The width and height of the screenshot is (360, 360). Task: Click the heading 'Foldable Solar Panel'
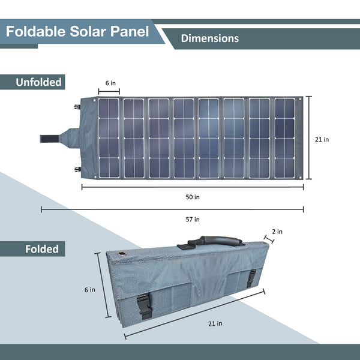[77, 31]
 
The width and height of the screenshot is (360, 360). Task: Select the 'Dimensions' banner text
[210, 38]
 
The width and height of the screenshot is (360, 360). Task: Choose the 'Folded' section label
[41, 248]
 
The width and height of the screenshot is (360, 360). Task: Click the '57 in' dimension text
[193, 219]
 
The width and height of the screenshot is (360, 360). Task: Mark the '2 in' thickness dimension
[277, 232]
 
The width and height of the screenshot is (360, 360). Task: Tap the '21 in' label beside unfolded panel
[322, 139]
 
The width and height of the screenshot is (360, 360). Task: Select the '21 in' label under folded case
[215, 323]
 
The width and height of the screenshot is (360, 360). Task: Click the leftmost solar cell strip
[109, 138]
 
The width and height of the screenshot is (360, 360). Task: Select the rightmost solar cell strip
[284, 138]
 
